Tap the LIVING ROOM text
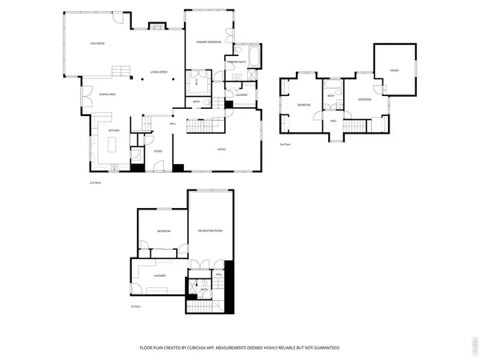(158, 73)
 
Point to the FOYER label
(158, 150)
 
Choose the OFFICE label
(222, 150)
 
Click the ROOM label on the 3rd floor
(394, 70)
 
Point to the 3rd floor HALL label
(333, 121)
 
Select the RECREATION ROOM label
(210, 230)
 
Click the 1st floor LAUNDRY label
(159, 276)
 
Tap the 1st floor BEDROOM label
(163, 231)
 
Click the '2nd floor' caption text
(94, 184)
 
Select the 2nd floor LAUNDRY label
(242, 95)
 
